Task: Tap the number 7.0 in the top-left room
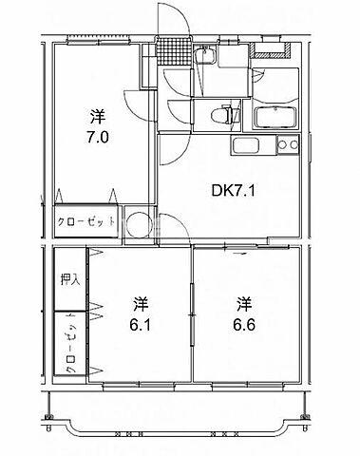pyautogui.click(x=97, y=136)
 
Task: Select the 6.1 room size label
pyautogui.click(x=140, y=323)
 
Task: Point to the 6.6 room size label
pyautogui.click(x=244, y=323)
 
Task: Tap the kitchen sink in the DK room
pyautogui.click(x=247, y=148)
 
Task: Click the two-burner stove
pyautogui.click(x=288, y=145)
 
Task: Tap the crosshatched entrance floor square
pyautogui.click(x=171, y=47)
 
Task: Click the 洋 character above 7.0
pyautogui.click(x=97, y=117)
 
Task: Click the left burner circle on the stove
pyautogui.click(x=282, y=145)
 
